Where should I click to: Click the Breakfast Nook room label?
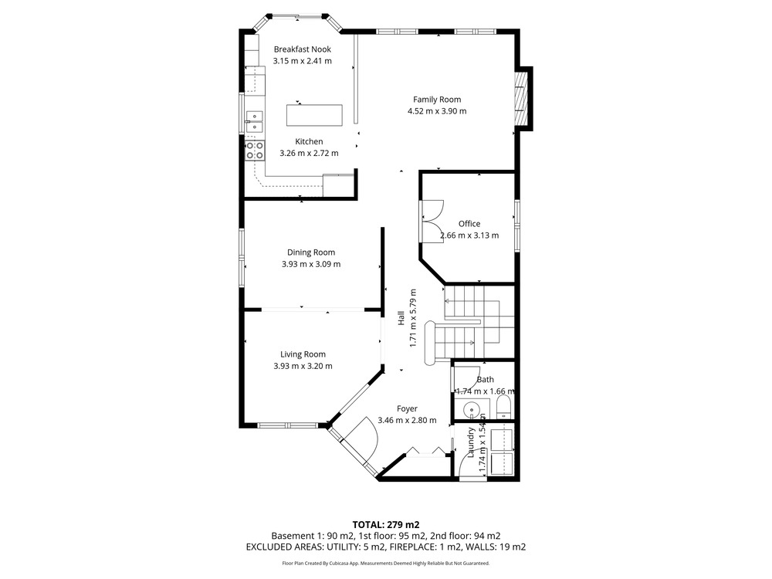pos(303,49)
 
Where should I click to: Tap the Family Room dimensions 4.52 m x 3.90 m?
pos(437,111)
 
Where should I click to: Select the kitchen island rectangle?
pos(315,115)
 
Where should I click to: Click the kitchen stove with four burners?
pos(255,151)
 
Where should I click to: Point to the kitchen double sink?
pos(255,122)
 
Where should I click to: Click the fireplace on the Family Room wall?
pos(520,99)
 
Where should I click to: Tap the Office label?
pos(469,224)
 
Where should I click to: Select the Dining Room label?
pos(311,252)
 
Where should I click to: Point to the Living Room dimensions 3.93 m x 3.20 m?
pos(303,366)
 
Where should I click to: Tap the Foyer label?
pos(407,408)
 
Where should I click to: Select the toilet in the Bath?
pos(504,407)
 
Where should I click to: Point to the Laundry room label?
pos(471,442)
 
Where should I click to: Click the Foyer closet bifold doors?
pos(425,452)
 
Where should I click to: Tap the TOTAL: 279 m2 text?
pos(385,525)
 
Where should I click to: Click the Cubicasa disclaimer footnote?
pos(385,564)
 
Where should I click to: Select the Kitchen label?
pos(310,142)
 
